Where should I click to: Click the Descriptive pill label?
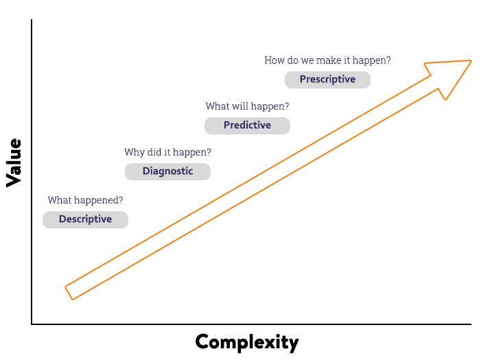tap(85, 219)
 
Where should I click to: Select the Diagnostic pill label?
tap(167, 171)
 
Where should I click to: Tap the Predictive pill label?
tap(247, 125)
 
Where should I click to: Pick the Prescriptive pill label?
tap(327, 80)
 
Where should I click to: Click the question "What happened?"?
tap(85, 200)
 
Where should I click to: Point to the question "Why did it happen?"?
tap(167, 152)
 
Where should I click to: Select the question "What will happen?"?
tap(247, 106)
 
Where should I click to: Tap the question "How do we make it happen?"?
tap(327, 60)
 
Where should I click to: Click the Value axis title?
tap(14, 163)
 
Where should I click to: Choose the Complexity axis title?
tap(247, 342)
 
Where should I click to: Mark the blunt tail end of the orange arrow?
tap(69, 293)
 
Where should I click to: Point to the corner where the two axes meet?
tap(32, 324)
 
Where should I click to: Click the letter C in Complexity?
tap(202, 341)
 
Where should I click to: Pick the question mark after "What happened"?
tap(121, 200)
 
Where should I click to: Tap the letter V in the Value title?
tap(13, 180)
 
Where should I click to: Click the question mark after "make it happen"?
tap(388, 60)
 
